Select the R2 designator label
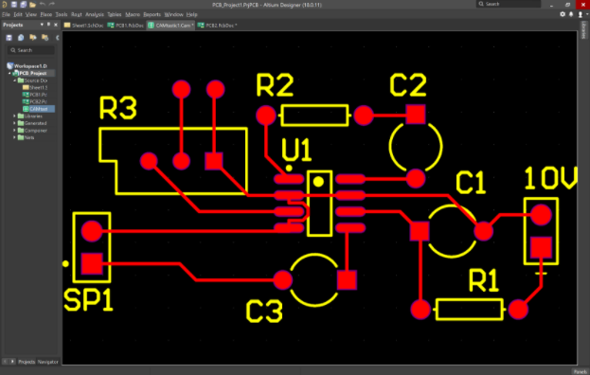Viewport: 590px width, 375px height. [275, 87]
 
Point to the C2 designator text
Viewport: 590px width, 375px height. [408, 86]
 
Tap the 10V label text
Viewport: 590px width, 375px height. [550, 181]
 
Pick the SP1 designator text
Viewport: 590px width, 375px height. [88, 300]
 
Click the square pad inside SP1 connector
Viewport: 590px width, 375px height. [92, 262]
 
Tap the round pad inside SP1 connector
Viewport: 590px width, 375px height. [92, 230]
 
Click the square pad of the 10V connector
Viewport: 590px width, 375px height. [541, 247]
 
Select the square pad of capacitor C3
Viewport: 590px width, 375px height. [348, 280]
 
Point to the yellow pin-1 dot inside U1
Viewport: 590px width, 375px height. [320, 180]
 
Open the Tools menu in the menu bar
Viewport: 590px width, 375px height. [62, 15]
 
